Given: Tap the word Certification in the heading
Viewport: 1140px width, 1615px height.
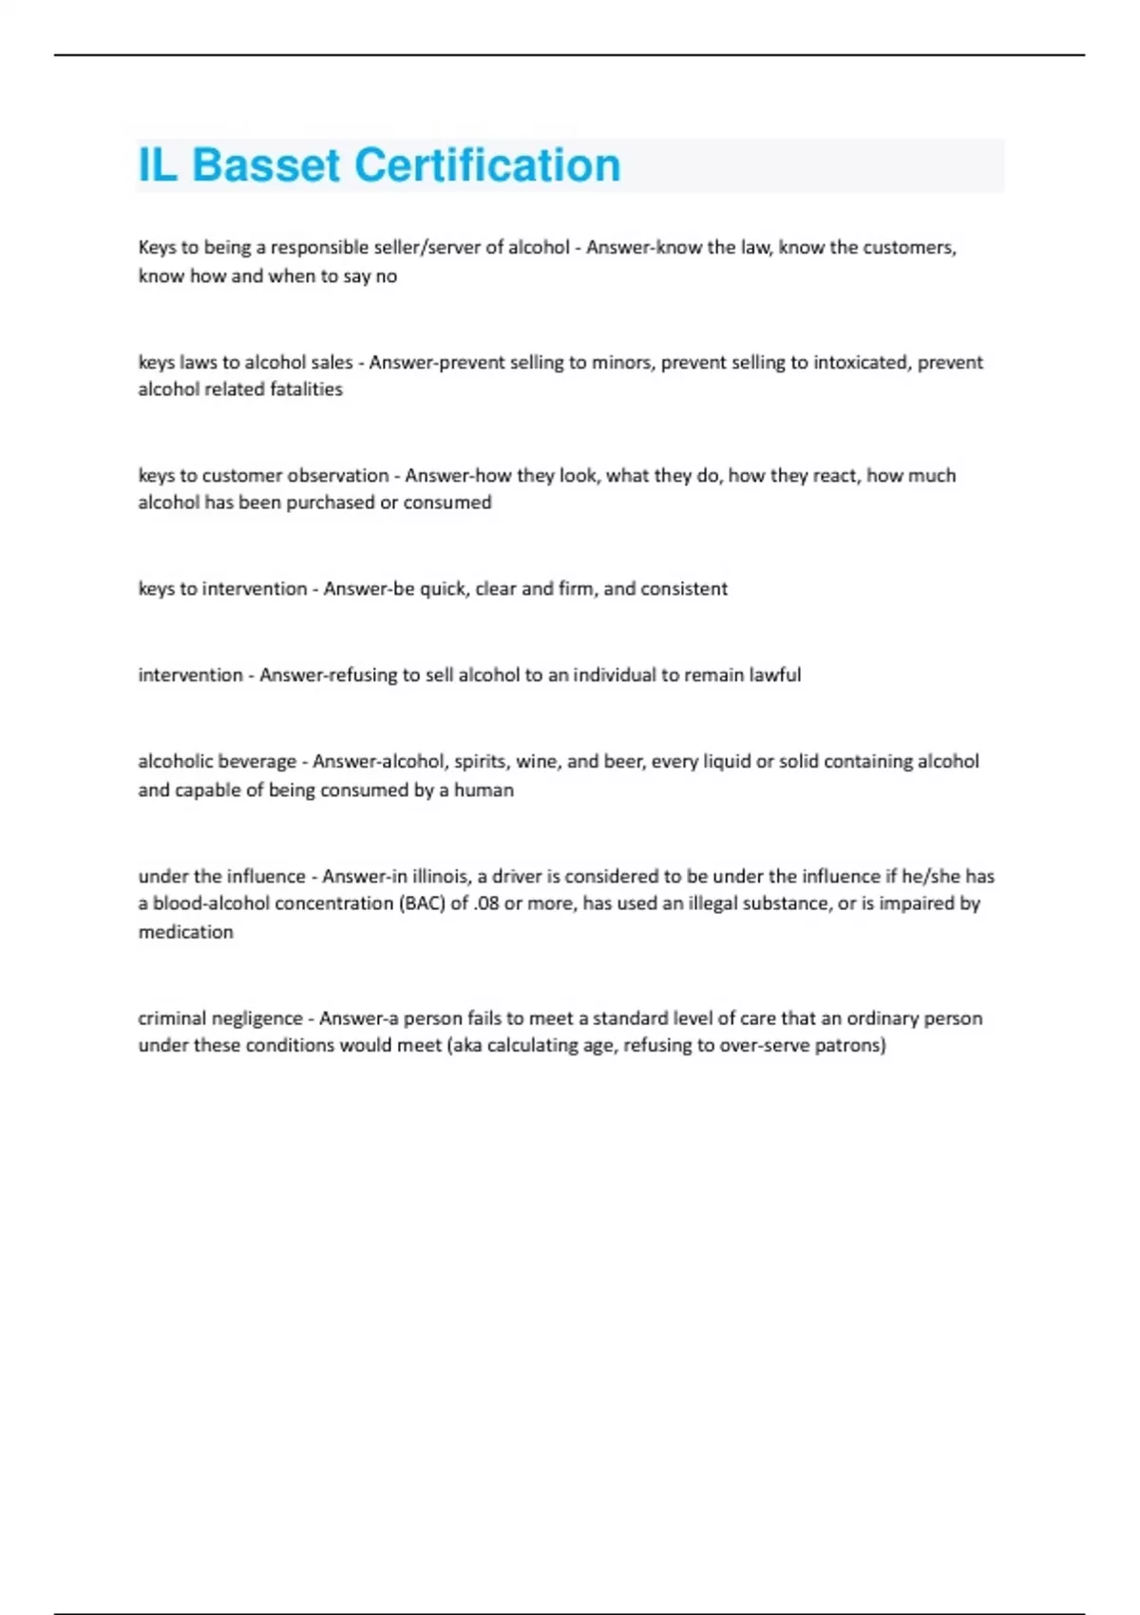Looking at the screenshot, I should (486, 165).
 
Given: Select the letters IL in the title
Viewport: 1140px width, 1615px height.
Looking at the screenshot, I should (158, 165).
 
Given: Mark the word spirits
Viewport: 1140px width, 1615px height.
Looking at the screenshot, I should (480, 762).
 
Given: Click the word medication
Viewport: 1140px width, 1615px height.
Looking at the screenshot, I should (185, 932).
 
